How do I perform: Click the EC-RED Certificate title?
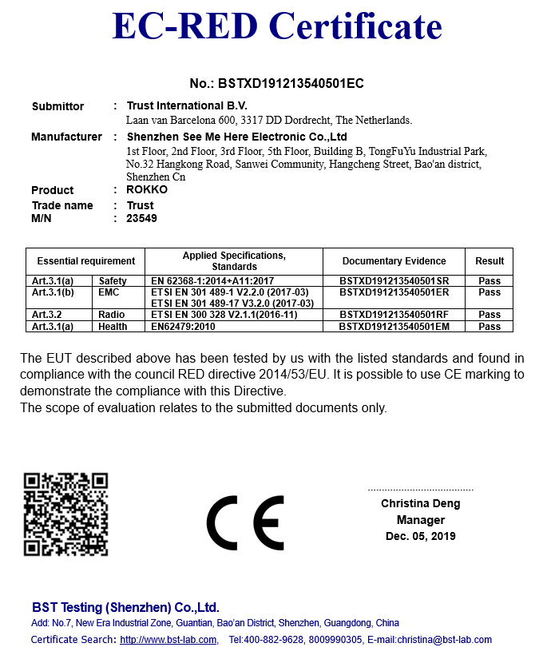pyautogui.click(x=277, y=26)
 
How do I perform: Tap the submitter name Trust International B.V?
pyautogui.click(x=187, y=105)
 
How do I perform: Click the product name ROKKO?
pyautogui.click(x=147, y=190)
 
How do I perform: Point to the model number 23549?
pyautogui.click(x=142, y=218)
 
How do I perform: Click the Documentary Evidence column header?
pyautogui.click(x=394, y=261)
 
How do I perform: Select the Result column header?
pyautogui.click(x=489, y=261)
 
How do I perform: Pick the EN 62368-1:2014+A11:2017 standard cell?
pyautogui.click(x=212, y=281)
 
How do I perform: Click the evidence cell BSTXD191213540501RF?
pyautogui.click(x=394, y=315)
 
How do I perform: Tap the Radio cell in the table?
pyautogui.click(x=112, y=315)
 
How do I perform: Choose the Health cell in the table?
pyautogui.click(x=113, y=326)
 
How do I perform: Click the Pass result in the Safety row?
pyautogui.click(x=489, y=281)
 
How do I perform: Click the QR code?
pyautogui.click(x=65, y=514)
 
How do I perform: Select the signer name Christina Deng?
pyautogui.click(x=420, y=504)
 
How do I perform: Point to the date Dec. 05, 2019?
pyautogui.click(x=420, y=536)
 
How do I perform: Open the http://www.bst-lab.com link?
pyautogui.click(x=168, y=640)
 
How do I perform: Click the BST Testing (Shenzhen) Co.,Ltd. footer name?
pyautogui.click(x=125, y=607)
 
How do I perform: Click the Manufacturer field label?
pyautogui.click(x=66, y=137)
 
